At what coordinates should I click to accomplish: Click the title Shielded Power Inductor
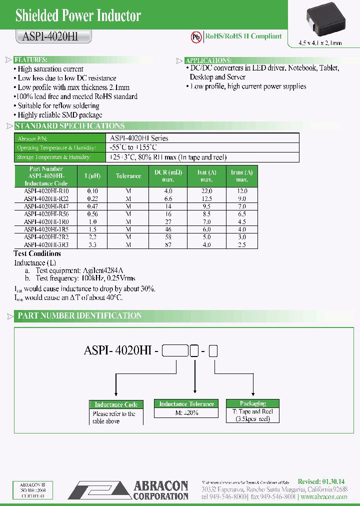coord(78,15)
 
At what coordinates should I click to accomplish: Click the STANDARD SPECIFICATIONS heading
coord(69,126)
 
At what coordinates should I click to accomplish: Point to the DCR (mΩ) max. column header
coord(168,176)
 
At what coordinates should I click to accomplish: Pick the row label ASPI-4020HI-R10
coord(46,191)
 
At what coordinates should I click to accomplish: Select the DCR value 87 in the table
coord(168,245)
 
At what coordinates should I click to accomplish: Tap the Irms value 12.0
coord(242,191)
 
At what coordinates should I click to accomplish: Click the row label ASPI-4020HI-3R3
coord(46,245)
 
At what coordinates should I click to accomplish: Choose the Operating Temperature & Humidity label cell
coord(56,148)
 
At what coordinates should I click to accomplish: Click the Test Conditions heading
coord(37,253)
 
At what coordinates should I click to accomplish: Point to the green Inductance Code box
coord(116,404)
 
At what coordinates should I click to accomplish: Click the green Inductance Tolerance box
coord(186,404)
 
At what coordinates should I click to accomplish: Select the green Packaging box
coord(252,403)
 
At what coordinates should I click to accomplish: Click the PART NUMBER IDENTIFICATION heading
coord(79,315)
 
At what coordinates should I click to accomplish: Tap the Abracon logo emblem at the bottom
coord(99,490)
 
